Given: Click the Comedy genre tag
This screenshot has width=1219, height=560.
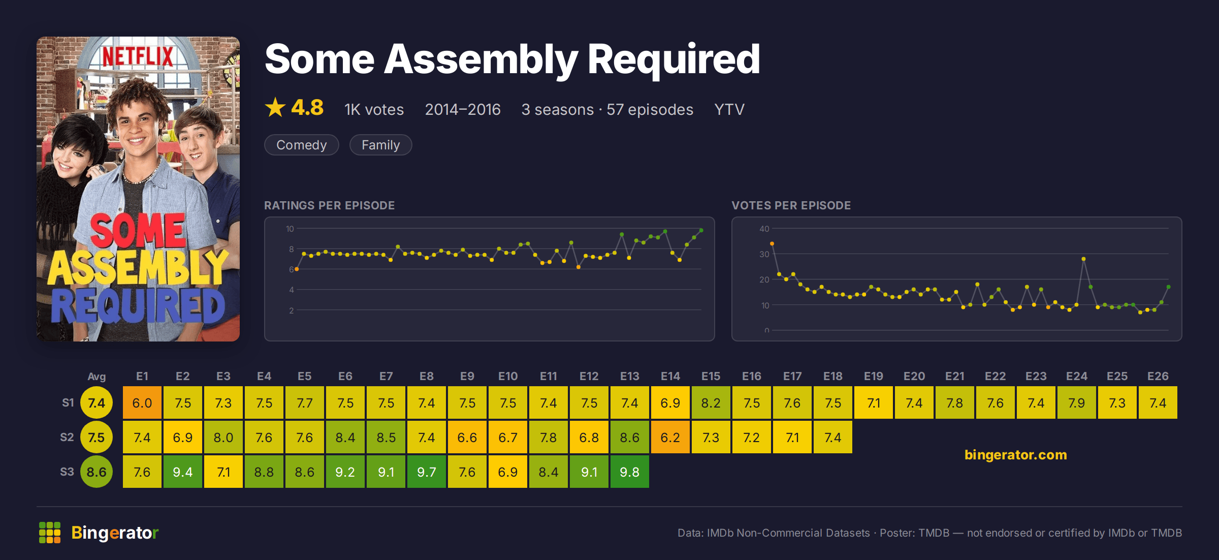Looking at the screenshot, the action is click(x=301, y=145).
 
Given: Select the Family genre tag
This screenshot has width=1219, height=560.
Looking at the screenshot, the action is click(x=380, y=145).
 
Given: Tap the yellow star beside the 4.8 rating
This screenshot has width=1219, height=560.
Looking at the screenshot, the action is click(x=275, y=107).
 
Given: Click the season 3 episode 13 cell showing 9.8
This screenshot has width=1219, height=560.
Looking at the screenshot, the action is click(x=630, y=472).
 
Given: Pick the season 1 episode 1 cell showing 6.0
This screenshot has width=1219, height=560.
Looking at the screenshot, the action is click(x=142, y=402).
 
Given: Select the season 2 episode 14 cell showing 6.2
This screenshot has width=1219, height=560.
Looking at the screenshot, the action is click(x=670, y=437).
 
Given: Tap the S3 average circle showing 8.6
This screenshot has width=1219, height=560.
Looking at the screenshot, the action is click(x=97, y=472).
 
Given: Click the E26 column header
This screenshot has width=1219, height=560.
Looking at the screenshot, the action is click(x=1158, y=376).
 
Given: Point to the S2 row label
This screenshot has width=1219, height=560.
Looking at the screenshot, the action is click(x=67, y=437).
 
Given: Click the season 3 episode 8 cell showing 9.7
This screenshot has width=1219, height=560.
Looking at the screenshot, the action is click(x=427, y=472).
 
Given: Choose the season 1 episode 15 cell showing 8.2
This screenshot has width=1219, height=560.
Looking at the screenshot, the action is click(x=711, y=402).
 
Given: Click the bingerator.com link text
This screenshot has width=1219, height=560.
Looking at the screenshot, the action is click(x=1016, y=454).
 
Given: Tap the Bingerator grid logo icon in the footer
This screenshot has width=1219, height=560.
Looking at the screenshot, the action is click(x=50, y=533).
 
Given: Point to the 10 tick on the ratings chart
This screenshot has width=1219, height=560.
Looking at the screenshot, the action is click(x=290, y=229).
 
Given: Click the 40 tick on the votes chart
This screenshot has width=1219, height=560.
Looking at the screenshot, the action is click(x=764, y=229).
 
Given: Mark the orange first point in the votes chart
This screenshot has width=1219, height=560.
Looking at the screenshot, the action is click(x=772, y=244).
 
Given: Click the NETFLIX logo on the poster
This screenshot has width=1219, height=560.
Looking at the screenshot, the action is click(x=138, y=57).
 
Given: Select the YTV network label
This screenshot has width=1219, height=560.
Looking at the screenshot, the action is click(x=729, y=109).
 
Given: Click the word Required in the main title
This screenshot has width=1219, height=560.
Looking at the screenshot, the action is click(x=673, y=60).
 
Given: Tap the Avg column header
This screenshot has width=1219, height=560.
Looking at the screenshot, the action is click(x=97, y=377).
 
